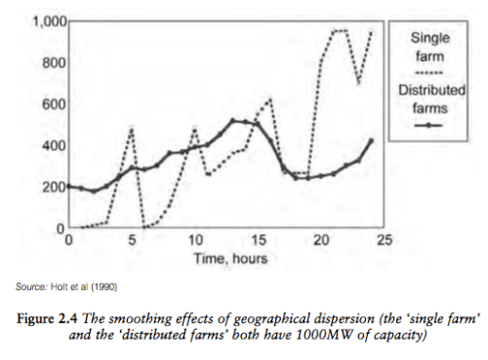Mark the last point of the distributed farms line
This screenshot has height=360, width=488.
pos(372,141)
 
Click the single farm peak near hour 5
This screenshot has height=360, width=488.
pos(130,129)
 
